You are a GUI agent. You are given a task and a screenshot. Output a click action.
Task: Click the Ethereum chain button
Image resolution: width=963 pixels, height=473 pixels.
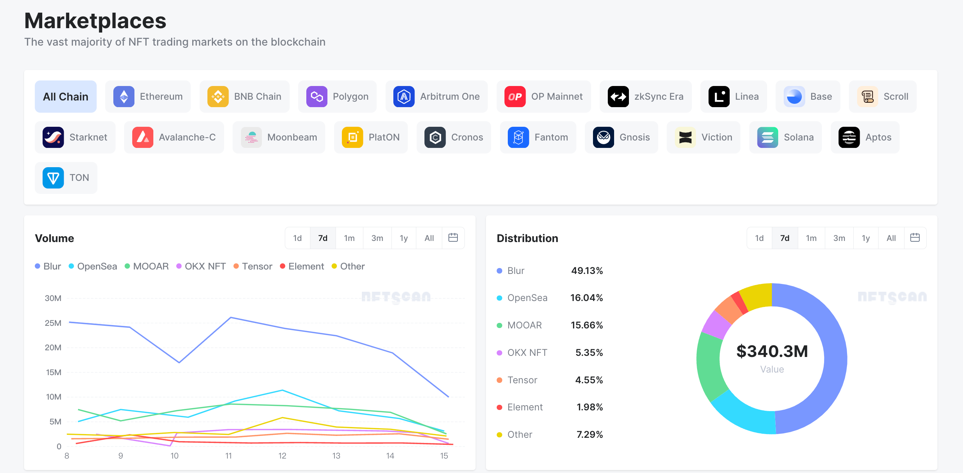tap(148, 96)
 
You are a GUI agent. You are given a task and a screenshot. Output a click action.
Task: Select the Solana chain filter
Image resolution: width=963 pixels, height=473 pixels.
tap(786, 137)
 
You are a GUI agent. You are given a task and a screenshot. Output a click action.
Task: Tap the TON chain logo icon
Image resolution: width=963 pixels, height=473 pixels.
tap(53, 178)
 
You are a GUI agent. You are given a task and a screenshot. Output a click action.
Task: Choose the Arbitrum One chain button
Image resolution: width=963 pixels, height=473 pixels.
tap(436, 96)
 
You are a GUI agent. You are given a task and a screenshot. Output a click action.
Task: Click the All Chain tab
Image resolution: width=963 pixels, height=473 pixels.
tap(66, 96)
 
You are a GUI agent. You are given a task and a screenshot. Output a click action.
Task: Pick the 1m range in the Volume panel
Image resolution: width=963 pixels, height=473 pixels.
tap(349, 238)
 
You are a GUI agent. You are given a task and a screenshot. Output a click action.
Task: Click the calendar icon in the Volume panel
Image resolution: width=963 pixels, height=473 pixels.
tap(453, 238)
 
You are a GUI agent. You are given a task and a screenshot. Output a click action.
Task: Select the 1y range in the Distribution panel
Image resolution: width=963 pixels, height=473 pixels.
tap(866, 238)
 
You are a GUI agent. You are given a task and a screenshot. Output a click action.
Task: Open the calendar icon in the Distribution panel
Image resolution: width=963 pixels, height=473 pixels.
tap(915, 238)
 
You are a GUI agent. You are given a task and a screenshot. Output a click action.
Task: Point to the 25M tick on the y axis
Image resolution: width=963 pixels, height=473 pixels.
tap(53, 323)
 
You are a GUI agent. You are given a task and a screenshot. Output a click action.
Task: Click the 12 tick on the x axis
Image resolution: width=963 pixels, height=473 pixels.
tap(282, 456)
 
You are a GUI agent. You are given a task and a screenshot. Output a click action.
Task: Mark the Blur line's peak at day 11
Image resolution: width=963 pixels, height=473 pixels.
tap(231, 317)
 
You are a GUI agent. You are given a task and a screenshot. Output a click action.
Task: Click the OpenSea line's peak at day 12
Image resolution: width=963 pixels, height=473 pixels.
tap(282, 390)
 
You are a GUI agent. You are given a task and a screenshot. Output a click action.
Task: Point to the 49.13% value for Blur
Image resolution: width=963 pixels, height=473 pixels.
tap(587, 271)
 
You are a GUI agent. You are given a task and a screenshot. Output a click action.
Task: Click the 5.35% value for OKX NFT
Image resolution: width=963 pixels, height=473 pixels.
tap(589, 353)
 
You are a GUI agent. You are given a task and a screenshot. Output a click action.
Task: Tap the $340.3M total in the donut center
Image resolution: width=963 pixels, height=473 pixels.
tap(772, 351)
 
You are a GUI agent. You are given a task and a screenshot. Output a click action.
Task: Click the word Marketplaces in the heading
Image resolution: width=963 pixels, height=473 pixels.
tap(95, 21)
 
